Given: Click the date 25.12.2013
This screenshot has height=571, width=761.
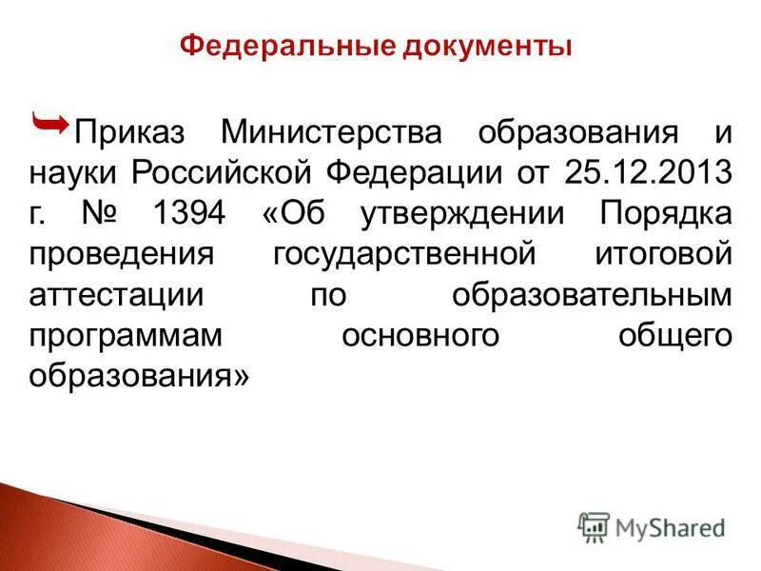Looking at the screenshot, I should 648,174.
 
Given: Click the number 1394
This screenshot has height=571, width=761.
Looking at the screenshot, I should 187,214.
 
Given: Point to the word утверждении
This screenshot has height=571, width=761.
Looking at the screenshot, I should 471,215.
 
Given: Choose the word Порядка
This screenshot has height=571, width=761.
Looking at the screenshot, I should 666,214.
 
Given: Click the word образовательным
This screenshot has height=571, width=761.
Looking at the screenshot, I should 593,295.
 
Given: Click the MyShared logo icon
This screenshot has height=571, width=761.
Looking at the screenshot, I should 594,526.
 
